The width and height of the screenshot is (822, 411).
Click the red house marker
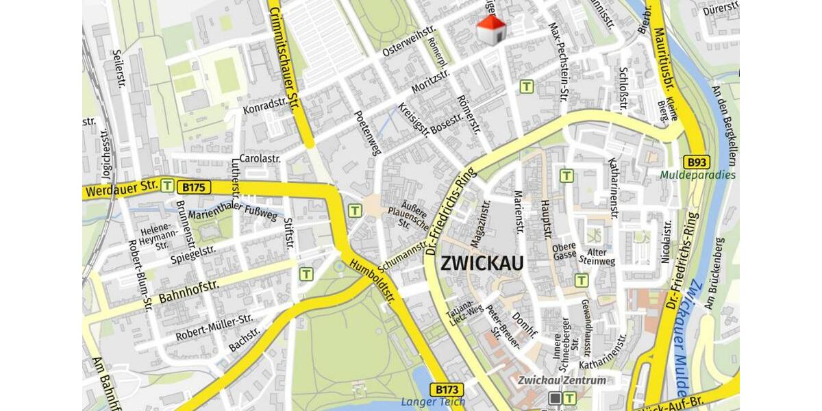point(491,29)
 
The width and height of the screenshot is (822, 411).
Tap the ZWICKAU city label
point(482,263)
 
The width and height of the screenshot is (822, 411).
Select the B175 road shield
point(194,186)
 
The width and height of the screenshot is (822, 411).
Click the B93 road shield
point(697,162)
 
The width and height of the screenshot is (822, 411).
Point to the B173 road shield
point(448,389)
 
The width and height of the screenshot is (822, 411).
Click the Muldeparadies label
point(697,175)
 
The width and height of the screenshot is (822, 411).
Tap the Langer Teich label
point(432,402)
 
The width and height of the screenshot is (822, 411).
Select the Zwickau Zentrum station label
point(562,380)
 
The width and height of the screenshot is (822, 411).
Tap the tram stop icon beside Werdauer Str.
point(167,184)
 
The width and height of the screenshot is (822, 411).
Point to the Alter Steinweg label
point(597,256)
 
